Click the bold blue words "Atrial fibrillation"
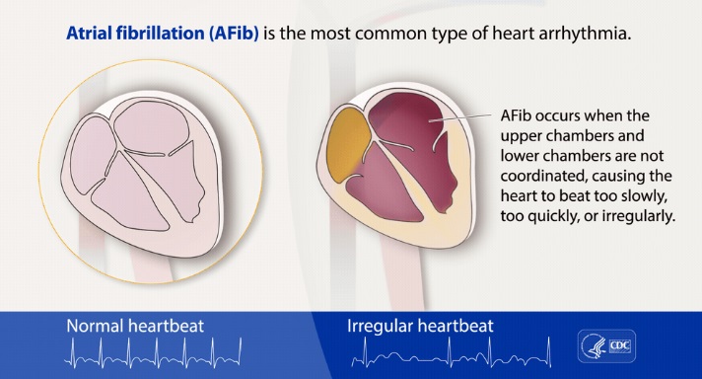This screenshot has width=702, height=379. pyautogui.click(x=135, y=34)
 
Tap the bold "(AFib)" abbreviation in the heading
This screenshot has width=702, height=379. pyautogui.click(x=234, y=34)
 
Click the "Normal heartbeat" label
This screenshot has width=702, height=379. pyautogui.click(x=135, y=326)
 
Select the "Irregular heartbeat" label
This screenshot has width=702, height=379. pyautogui.click(x=420, y=326)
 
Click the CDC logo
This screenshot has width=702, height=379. pyautogui.click(x=606, y=345)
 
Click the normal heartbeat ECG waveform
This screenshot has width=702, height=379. pyautogui.click(x=154, y=353)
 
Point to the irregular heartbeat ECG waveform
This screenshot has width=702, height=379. pyautogui.click(x=452, y=352)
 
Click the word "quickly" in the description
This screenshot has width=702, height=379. pyautogui.click(x=555, y=217)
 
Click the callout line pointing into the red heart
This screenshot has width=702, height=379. pyautogui.click(x=459, y=117)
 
